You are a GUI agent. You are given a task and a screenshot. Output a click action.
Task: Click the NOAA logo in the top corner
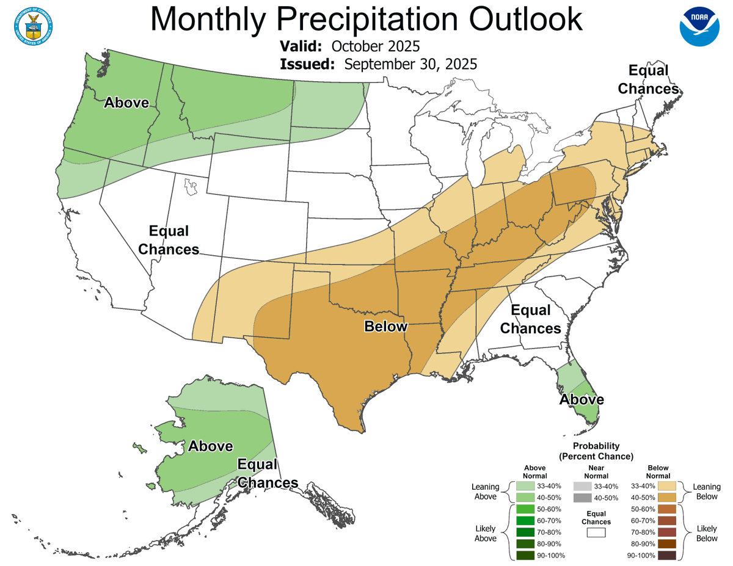coord(700,25)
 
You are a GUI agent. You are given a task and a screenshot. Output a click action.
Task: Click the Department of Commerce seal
coord(32,25)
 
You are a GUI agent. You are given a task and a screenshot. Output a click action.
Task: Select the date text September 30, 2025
coord(410,64)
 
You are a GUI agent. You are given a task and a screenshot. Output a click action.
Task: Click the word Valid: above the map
coord(302,47)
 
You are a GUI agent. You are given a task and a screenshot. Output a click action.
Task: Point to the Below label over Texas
coord(385,326)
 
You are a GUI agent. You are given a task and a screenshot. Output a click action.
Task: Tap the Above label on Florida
coord(582,399)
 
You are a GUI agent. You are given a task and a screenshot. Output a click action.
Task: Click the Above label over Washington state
coord(126,102)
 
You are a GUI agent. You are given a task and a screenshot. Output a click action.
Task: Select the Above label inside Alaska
coord(210,446)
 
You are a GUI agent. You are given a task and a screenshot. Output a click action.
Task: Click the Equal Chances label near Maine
coord(648,79)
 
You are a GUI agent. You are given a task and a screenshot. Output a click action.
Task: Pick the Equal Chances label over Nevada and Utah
coord(169,240)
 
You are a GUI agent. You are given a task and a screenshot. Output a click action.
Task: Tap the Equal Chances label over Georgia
coord(530,319)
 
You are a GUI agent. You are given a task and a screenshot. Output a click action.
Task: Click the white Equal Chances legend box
coord(596,532)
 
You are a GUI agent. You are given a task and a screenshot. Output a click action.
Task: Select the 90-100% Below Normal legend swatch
coord(667,555)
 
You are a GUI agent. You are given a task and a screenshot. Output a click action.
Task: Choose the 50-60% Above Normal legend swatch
coord(525,509)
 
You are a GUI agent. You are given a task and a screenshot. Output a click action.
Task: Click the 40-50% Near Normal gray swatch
coord(583,498)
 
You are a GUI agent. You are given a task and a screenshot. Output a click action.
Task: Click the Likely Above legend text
coord(486,532)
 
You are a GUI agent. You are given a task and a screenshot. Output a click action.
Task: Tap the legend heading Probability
coord(596,446)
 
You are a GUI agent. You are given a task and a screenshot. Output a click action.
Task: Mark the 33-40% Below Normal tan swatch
coord(667,486)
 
